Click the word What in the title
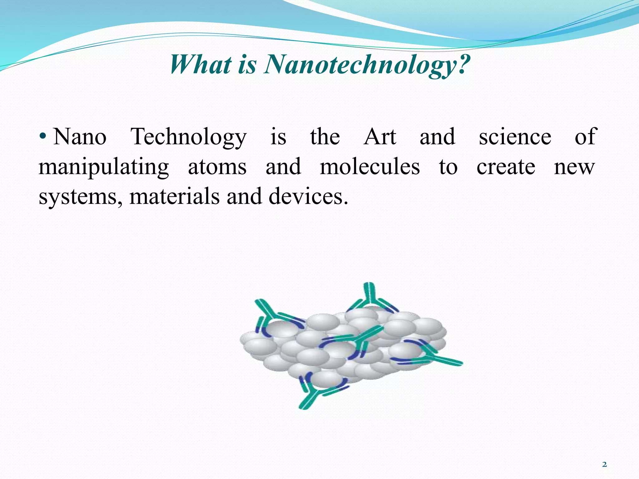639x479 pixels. (201, 65)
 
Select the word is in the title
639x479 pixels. (247, 65)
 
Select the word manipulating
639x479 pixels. (104, 167)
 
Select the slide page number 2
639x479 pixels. (605, 465)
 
